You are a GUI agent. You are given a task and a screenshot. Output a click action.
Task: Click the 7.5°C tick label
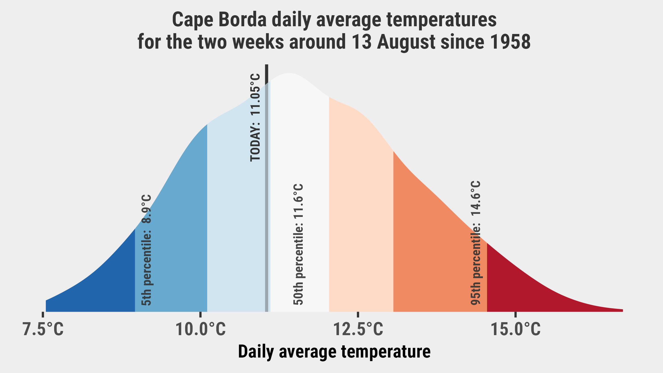43,329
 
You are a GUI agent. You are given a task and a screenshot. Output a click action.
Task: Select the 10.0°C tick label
201,329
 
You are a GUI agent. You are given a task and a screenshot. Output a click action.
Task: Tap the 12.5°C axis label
358,329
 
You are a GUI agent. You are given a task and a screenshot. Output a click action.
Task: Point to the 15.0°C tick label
515,329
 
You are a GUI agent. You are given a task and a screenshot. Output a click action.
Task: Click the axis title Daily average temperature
334,352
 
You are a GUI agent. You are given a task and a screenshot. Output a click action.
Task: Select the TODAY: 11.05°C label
255,117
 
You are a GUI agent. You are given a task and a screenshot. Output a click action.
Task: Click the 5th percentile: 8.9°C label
146,250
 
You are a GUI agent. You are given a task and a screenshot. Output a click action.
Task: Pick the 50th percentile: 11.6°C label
299,245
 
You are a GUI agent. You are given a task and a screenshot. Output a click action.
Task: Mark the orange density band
431,249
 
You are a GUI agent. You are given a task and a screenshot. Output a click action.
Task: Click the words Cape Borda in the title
219,20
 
